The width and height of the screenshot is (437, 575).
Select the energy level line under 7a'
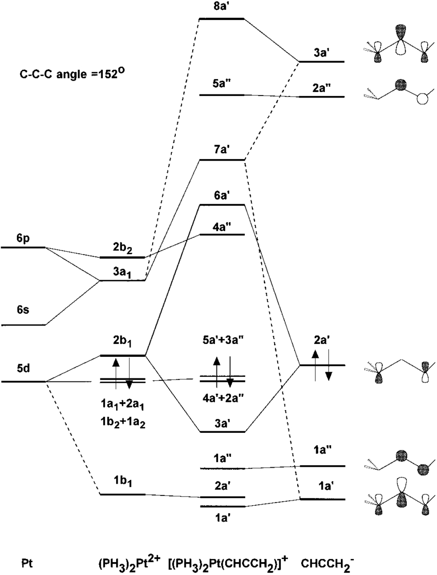[222, 160]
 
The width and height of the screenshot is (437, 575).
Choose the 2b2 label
[123, 247]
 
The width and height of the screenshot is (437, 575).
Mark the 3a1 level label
[123, 272]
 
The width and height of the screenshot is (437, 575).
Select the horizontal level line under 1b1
[123, 494]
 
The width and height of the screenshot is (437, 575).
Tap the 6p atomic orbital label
[23, 238]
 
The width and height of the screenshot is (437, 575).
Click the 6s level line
[23, 325]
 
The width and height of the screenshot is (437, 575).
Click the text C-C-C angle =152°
[74, 74]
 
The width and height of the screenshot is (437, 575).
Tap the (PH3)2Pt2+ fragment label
[129, 562]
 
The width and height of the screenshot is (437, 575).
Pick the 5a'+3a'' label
[222, 339]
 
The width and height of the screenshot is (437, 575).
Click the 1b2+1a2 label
[122, 423]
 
